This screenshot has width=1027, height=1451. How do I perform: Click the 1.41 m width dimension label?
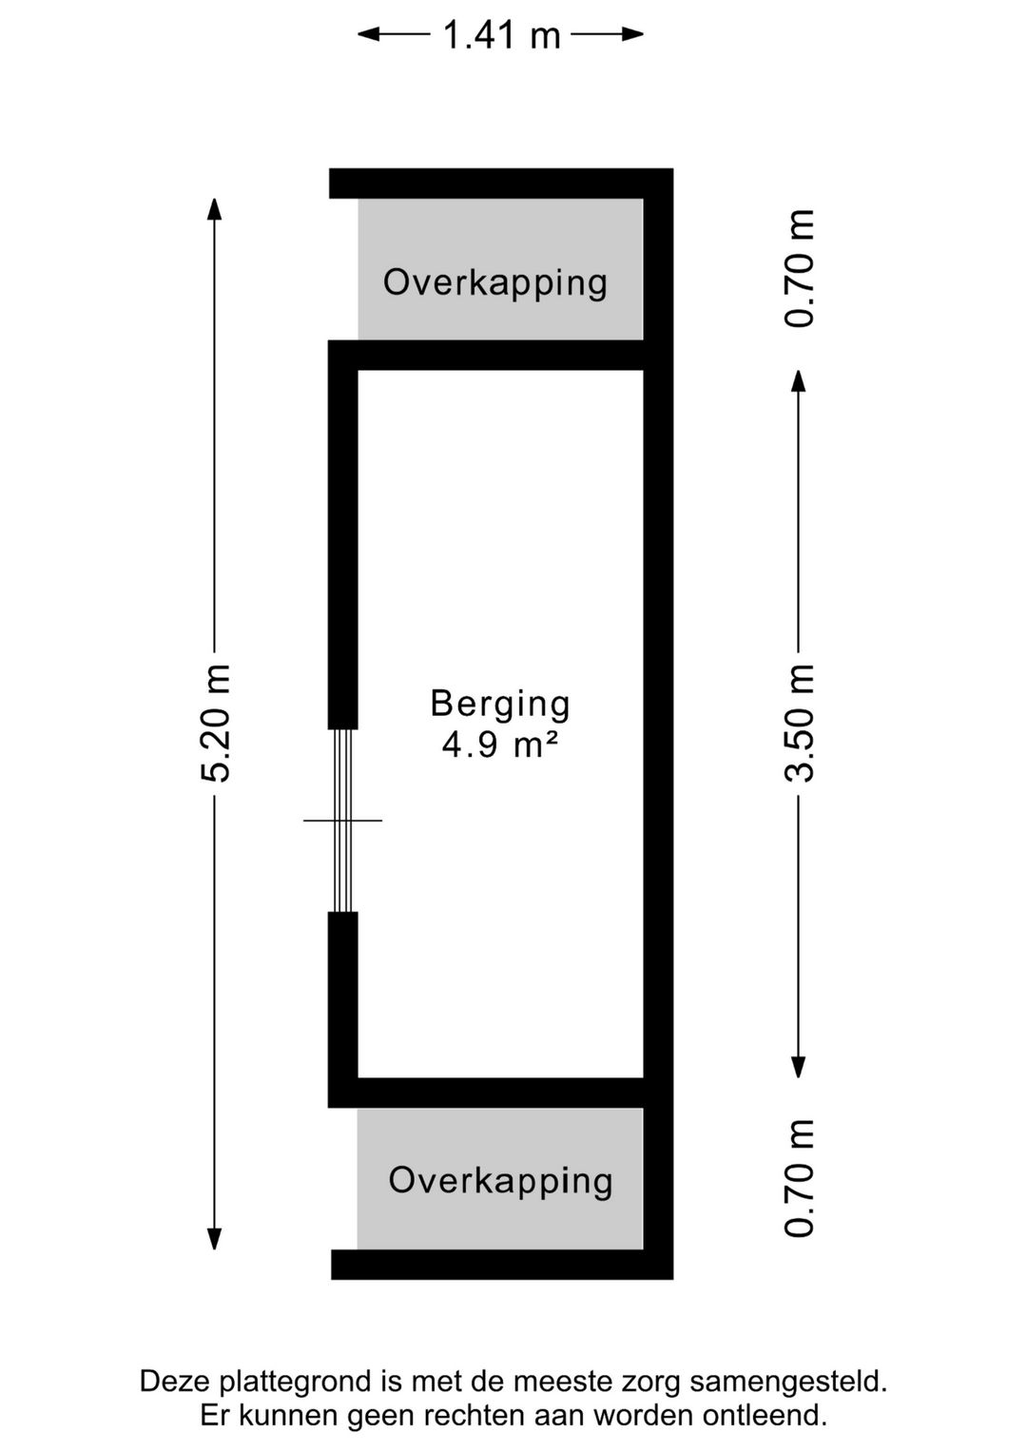tap(501, 36)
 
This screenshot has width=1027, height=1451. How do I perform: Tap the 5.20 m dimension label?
tap(216, 724)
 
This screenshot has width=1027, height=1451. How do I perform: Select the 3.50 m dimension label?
tap(800, 724)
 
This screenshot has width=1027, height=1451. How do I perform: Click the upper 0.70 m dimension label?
tap(800, 269)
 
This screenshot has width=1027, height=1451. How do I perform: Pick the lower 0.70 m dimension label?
tap(800, 1178)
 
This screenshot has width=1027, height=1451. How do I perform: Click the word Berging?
tap(500, 705)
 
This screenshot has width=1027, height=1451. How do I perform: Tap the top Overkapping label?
tap(495, 282)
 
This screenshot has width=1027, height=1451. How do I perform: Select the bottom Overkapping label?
tap(500, 1180)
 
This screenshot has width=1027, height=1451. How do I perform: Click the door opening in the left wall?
tap(343, 820)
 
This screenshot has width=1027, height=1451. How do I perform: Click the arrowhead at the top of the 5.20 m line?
tap(215, 207)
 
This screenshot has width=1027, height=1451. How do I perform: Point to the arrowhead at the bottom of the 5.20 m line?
tap(215, 1239)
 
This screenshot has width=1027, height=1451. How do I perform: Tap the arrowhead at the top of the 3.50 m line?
tap(799, 380)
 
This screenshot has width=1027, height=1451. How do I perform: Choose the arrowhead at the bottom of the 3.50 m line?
tap(799, 1067)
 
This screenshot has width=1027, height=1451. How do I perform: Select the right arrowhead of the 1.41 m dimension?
tap(633, 35)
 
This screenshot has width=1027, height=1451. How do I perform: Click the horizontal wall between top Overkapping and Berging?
tap(500, 356)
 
